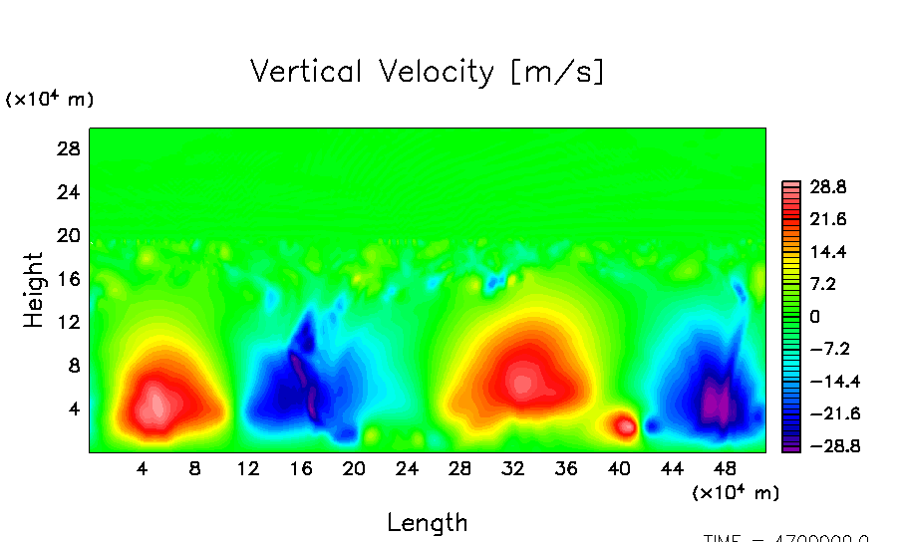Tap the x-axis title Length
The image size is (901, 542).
click(427, 522)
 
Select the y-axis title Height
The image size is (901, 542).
click(34, 290)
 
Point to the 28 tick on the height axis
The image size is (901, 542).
click(67, 148)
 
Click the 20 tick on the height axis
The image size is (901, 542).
click(67, 235)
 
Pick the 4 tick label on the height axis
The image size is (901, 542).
click(73, 408)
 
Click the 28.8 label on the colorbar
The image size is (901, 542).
click(827, 186)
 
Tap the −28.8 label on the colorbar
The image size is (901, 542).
click(823, 446)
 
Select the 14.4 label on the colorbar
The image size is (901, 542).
click(827, 251)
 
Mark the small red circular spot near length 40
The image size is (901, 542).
click(625, 426)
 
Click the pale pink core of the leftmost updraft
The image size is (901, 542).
click(154, 405)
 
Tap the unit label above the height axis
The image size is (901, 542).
click(50, 99)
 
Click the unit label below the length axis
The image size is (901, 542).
click(736, 492)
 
